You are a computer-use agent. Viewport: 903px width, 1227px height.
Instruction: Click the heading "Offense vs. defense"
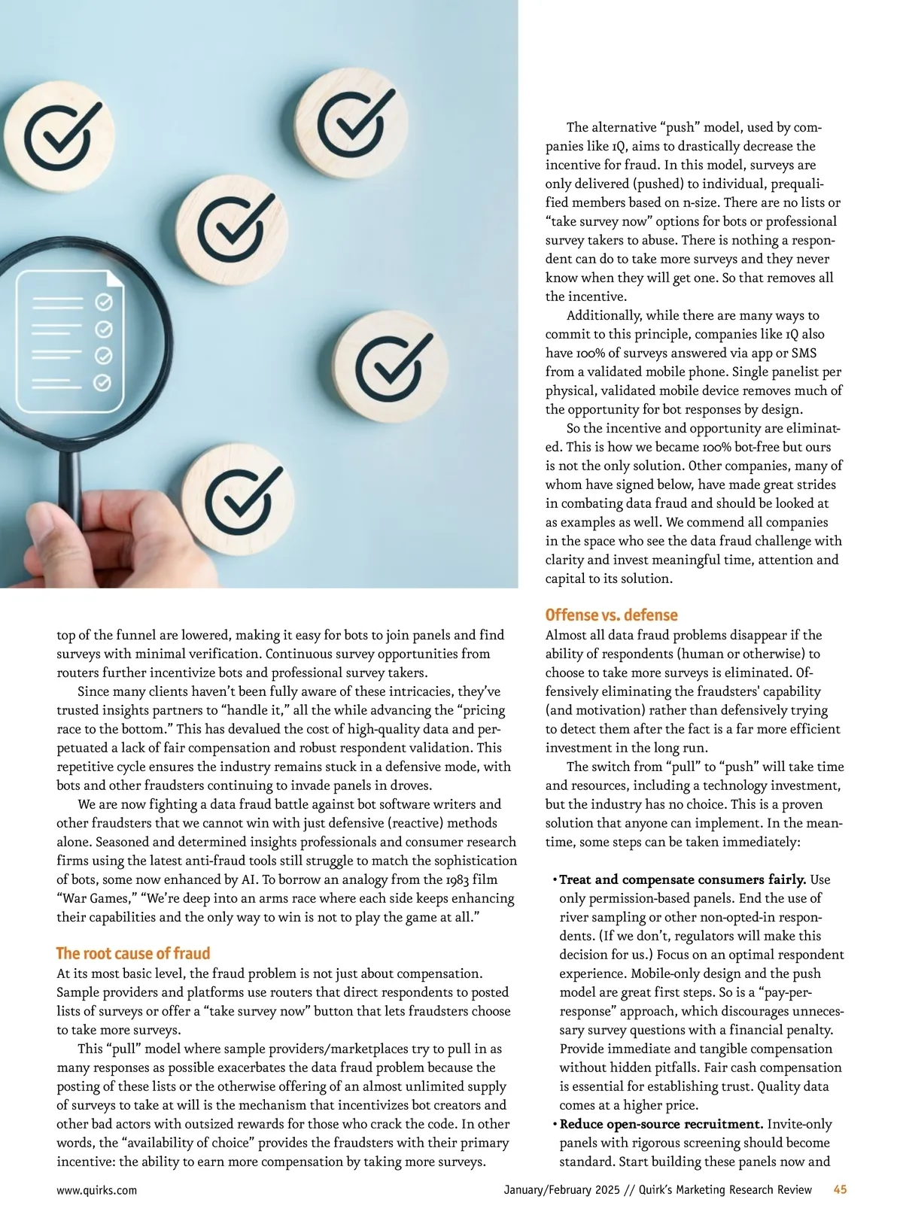pyautogui.click(x=611, y=615)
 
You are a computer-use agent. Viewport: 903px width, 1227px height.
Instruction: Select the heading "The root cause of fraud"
pyautogui.click(x=133, y=953)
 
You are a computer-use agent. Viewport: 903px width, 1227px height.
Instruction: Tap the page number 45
pyautogui.click(x=840, y=1189)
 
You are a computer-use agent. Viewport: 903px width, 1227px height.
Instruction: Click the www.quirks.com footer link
pyautogui.click(x=97, y=1190)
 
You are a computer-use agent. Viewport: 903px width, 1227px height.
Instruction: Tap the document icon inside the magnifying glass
pyautogui.click(x=71, y=342)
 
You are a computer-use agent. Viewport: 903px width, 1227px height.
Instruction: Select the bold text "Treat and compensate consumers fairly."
pyautogui.click(x=683, y=879)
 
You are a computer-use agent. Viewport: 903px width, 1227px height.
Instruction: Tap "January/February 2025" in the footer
pyautogui.click(x=561, y=1190)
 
